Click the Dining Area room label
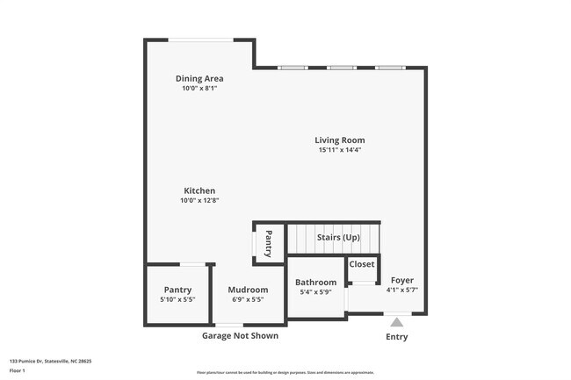(199, 78)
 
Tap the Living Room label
(340, 140)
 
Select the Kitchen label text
(199, 190)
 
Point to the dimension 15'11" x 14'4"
(340, 150)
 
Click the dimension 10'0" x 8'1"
(199, 89)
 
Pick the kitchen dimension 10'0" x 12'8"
(199, 201)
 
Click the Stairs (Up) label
(338, 238)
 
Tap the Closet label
(362, 264)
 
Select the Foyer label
(402, 280)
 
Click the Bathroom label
(315, 282)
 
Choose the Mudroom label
(248, 290)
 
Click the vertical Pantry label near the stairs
(269, 243)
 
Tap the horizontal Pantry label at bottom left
(177, 290)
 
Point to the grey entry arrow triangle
(397, 322)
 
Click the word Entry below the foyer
(397, 337)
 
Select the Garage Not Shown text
(240, 335)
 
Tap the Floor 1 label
(18, 370)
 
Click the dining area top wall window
(201, 39)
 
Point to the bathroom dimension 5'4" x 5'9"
(315, 292)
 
